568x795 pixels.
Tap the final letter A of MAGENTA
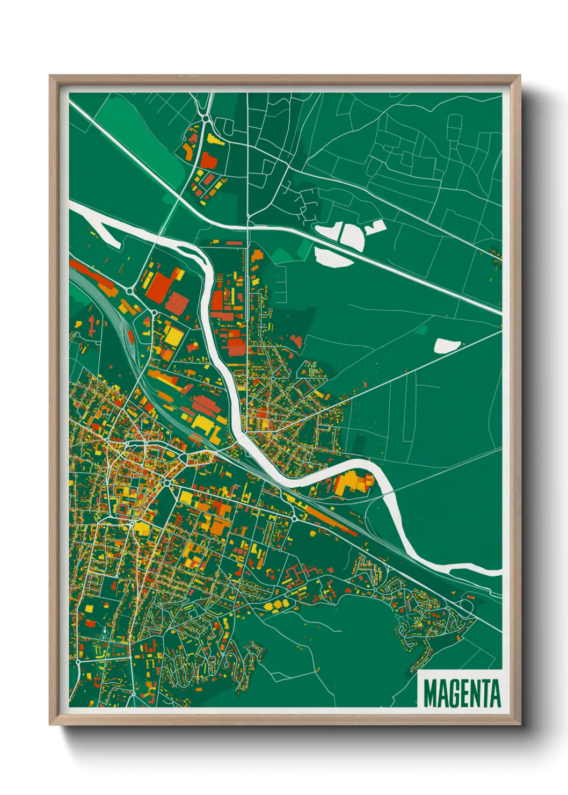point(495,693)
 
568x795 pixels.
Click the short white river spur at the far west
point(107,236)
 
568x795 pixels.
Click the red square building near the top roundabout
point(208,161)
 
